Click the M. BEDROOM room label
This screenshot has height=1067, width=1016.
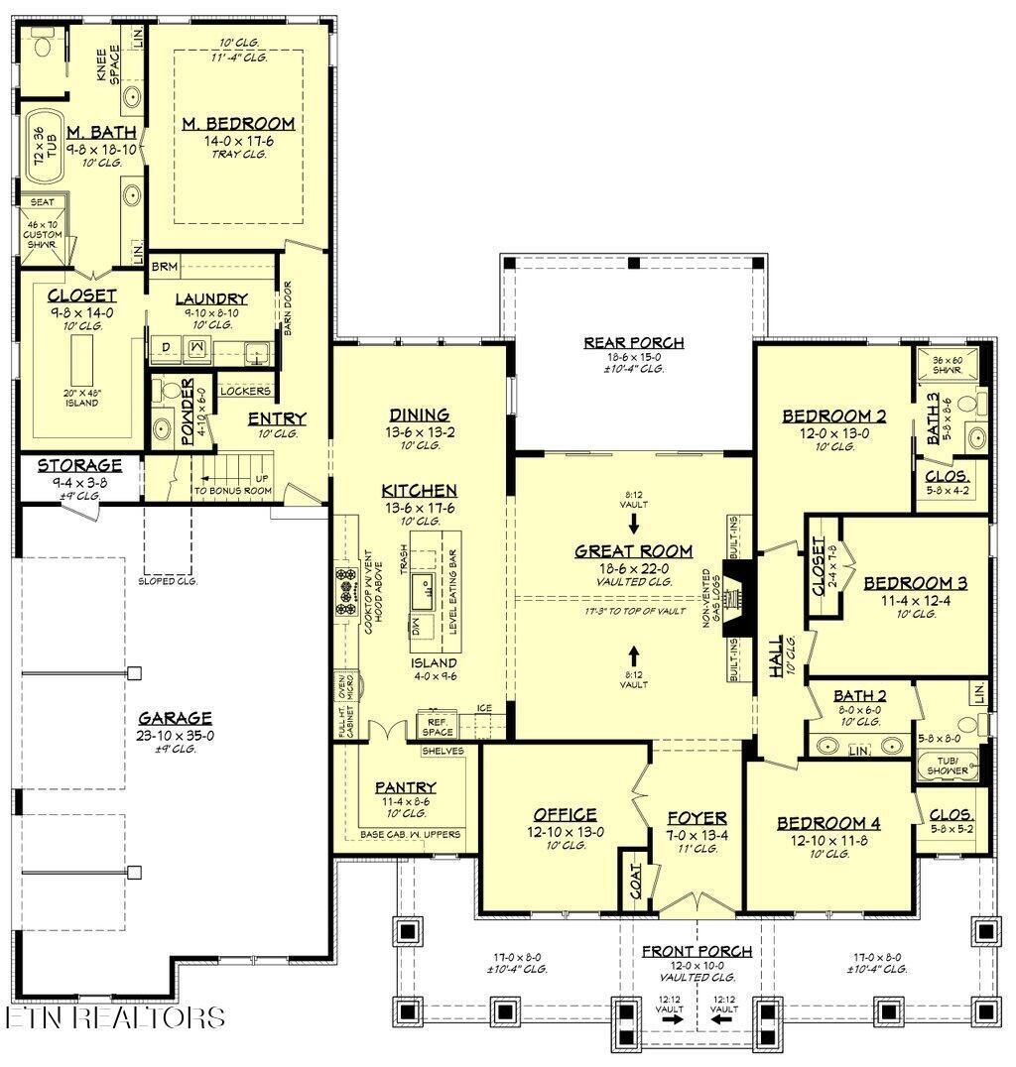pos(237,124)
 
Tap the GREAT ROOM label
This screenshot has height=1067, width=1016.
pos(633,551)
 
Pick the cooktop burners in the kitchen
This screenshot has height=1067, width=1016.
pos(347,591)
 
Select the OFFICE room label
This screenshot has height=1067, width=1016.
pos(564,814)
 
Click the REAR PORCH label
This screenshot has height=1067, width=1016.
pos(633,343)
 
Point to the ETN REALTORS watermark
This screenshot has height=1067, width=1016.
pos(113,1016)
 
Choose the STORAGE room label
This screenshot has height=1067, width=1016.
pos(79,465)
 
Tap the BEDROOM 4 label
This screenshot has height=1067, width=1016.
pos(828,822)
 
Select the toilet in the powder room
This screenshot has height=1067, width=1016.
pos(165,395)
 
